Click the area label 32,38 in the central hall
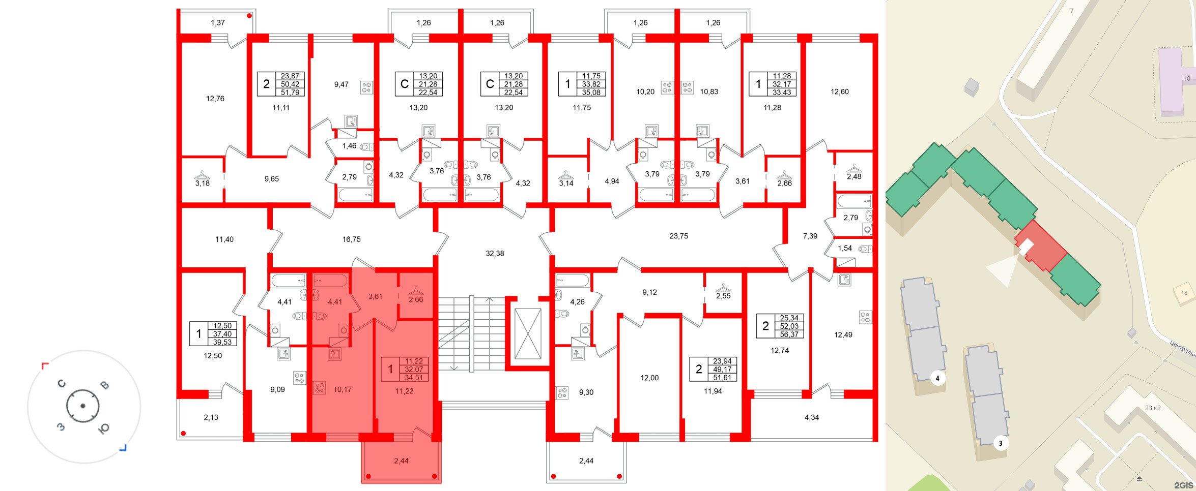[x=495, y=253]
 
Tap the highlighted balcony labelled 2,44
[x=401, y=461]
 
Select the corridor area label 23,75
[x=678, y=236]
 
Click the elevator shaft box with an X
[x=527, y=333]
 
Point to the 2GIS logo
[x=1183, y=485]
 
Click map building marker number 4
[x=937, y=378]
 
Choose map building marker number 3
[x=1000, y=443]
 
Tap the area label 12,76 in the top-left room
[x=215, y=99]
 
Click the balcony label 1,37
[x=217, y=23]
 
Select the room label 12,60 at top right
[x=839, y=91]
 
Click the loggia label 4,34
[x=811, y=417]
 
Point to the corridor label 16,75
[x=351, y=239]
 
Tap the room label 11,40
[x=224, y=239]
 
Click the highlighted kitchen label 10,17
[x=342, y=389]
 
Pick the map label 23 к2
[x=1152, y=408]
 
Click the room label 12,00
[x=649, y=378]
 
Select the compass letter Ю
[x=103, y=429]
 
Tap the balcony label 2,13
[x=211, y=417]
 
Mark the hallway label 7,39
[x=810, y=236]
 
